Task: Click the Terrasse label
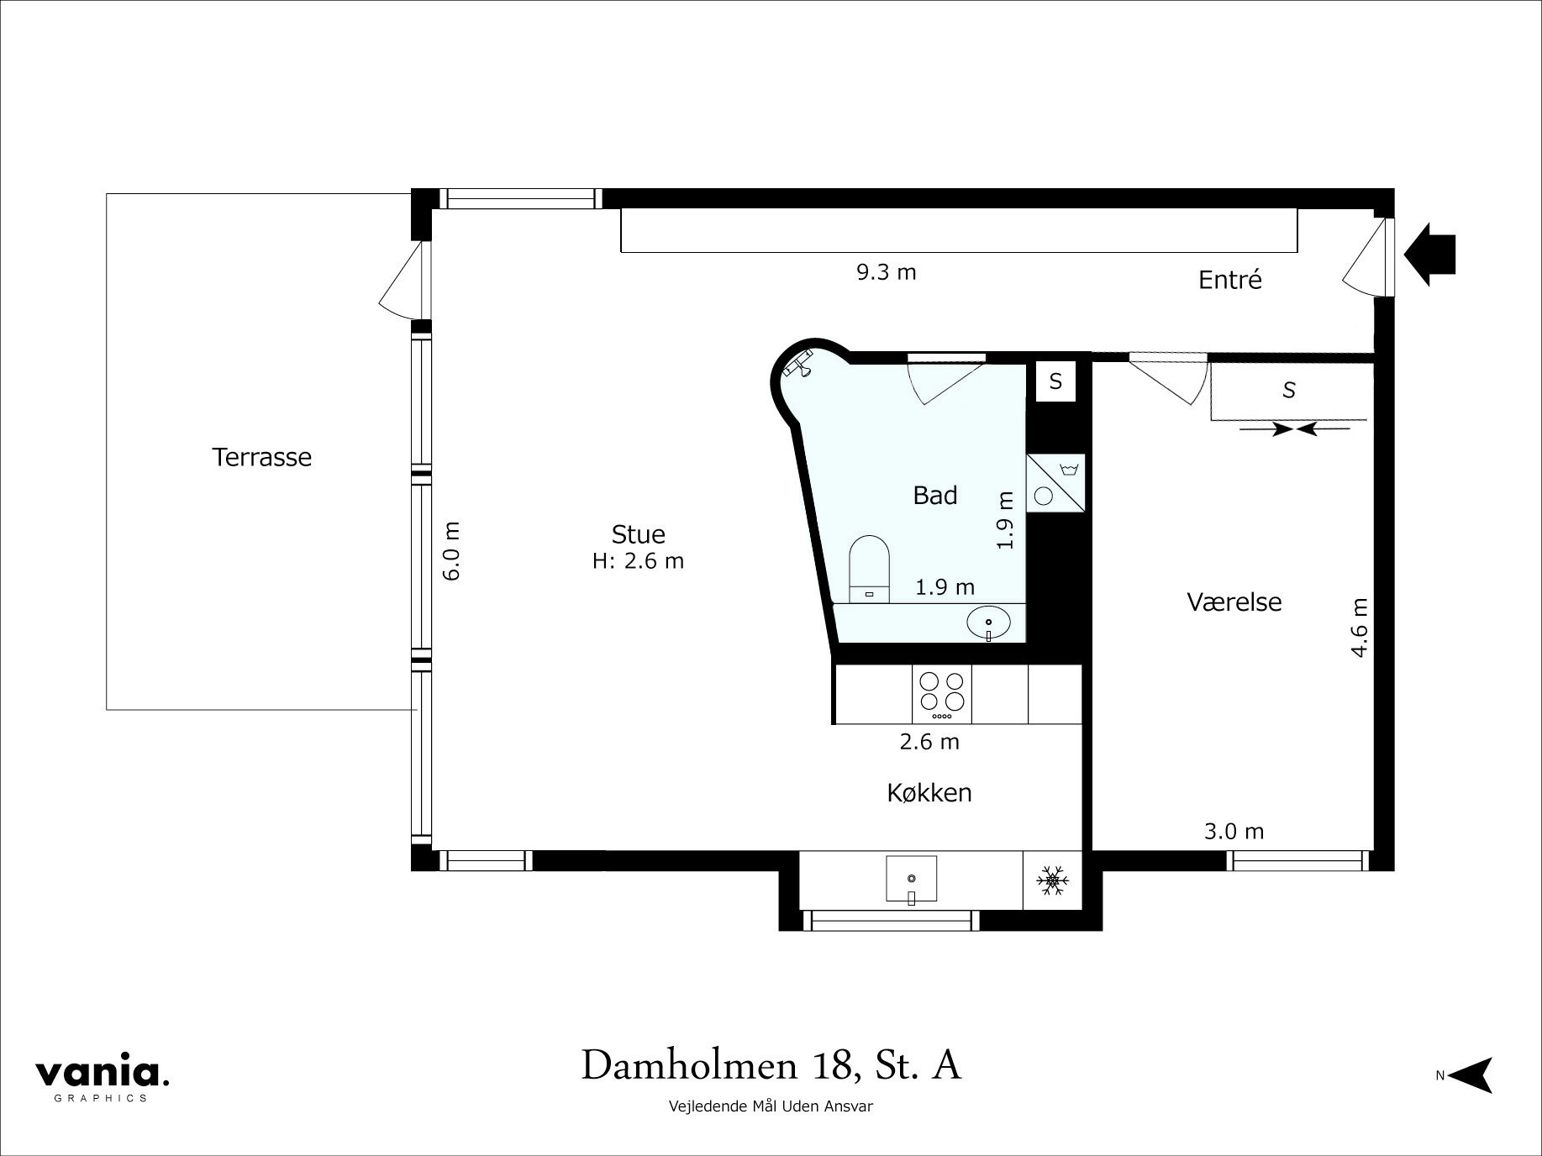coord(261,457)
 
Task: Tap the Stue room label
coord(638,534)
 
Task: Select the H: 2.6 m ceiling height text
coord(638,561)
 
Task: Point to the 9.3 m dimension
coord(886,272)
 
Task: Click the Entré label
coord(1229,280)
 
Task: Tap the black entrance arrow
coord(1429,254)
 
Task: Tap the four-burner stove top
coord(941,692)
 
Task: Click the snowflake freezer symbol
coord(1051,880)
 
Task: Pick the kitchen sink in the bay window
coord(911,880)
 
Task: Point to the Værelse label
coord(1234,602)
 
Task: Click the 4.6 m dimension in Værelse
coord(1359,627)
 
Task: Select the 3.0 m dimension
coord(1234,832)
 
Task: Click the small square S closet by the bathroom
coord(1055,382)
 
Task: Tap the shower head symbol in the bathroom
coord(799,364)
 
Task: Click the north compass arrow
coord(1472,1075)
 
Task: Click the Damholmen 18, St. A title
coord(771,1065)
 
